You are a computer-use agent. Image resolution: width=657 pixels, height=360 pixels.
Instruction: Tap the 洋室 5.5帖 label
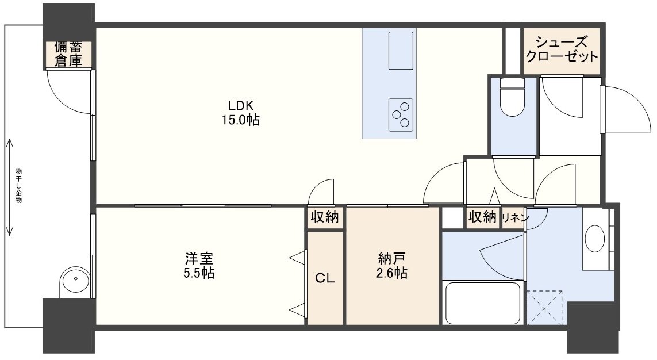199,266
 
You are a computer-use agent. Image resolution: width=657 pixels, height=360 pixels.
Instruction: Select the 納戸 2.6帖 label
392,266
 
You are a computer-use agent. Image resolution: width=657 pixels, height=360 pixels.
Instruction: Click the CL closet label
325,278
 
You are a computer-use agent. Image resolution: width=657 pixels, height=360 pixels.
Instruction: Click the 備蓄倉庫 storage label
68,54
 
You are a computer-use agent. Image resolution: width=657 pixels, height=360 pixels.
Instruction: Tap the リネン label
515,217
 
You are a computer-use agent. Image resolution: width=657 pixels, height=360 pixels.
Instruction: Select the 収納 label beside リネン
483,217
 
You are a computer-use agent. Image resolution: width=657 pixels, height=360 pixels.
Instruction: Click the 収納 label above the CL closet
325,217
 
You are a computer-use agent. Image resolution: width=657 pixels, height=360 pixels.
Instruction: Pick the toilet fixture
513,97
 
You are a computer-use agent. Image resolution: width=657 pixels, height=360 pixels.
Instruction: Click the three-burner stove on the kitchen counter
401,115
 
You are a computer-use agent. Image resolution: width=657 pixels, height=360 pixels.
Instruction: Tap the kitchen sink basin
401,50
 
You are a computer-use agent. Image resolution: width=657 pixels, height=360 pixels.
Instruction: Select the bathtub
482,302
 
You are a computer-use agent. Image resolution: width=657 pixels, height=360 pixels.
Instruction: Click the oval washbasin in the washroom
594,239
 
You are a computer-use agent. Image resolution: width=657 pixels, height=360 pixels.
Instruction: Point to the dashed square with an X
544,308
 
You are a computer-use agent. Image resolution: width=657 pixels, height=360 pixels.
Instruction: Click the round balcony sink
75,282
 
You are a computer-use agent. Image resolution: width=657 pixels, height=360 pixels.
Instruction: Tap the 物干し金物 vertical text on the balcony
18,186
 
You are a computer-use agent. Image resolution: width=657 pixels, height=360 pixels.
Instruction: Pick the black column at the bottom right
593,327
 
